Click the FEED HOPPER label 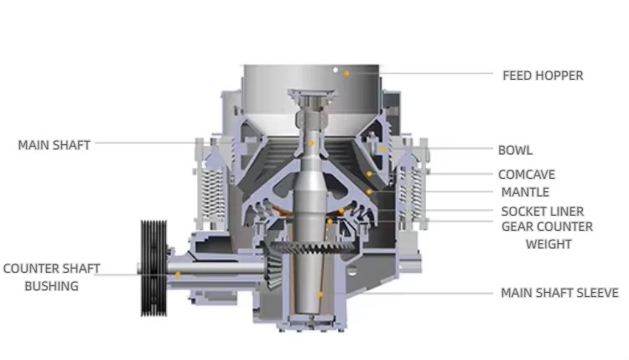543,76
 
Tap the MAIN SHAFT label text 55,145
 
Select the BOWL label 515,150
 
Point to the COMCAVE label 527,175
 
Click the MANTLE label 525,192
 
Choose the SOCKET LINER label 543,211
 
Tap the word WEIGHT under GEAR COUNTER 548,244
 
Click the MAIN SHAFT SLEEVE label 559,293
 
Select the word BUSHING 51,286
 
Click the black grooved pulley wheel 153,268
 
